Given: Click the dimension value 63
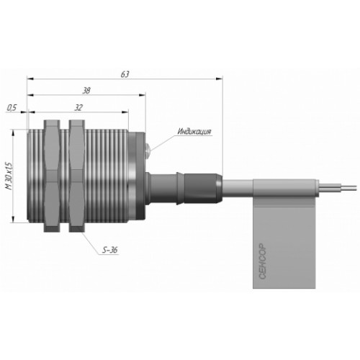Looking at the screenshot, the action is coord(125,74).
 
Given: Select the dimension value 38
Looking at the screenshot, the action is coord(86,91).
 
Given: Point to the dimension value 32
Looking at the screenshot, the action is coord(78,108).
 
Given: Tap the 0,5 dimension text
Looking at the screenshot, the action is coord(12,108).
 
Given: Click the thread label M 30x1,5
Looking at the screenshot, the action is coord(9,176).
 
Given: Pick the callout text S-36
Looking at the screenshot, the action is coord(110,251).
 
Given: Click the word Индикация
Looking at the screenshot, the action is coord(194,132).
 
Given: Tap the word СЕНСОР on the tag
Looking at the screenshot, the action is coord(263,261).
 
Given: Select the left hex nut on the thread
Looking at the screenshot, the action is coord(52,176).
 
